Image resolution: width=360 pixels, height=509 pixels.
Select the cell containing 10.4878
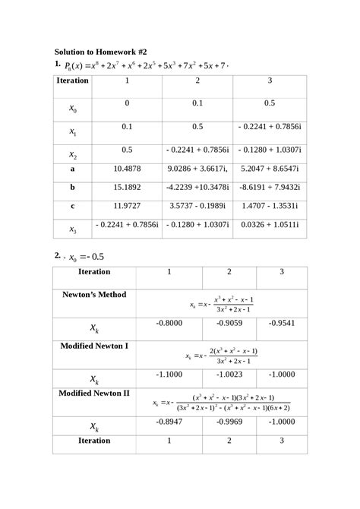point(127,168)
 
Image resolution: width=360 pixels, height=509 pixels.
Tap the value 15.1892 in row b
point(127,186)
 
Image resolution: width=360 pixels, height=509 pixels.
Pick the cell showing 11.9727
point(127,205)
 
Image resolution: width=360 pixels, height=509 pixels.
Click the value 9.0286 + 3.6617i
point(198,168)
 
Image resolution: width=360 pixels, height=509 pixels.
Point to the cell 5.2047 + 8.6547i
point(269,168)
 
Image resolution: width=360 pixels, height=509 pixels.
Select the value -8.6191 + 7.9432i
point(269,186)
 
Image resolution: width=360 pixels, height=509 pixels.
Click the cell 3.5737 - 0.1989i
point(197,205)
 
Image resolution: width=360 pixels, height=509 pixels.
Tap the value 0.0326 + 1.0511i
point(269,225)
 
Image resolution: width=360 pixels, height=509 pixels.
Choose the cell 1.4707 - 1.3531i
point(269,205)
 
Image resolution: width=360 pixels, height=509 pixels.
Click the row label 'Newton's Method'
point(93,294)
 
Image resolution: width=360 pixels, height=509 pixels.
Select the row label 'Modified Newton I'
point(93,345)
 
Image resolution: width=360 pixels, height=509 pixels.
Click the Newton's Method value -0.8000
point(169,323)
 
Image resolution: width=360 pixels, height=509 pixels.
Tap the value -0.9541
point(282,323)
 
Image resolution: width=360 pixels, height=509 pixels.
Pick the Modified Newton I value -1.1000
point(169,375)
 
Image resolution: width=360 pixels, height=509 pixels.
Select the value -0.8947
point(169,422)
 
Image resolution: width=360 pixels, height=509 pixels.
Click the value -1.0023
point(229,375)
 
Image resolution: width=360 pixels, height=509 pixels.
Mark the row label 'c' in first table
point(72,205)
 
